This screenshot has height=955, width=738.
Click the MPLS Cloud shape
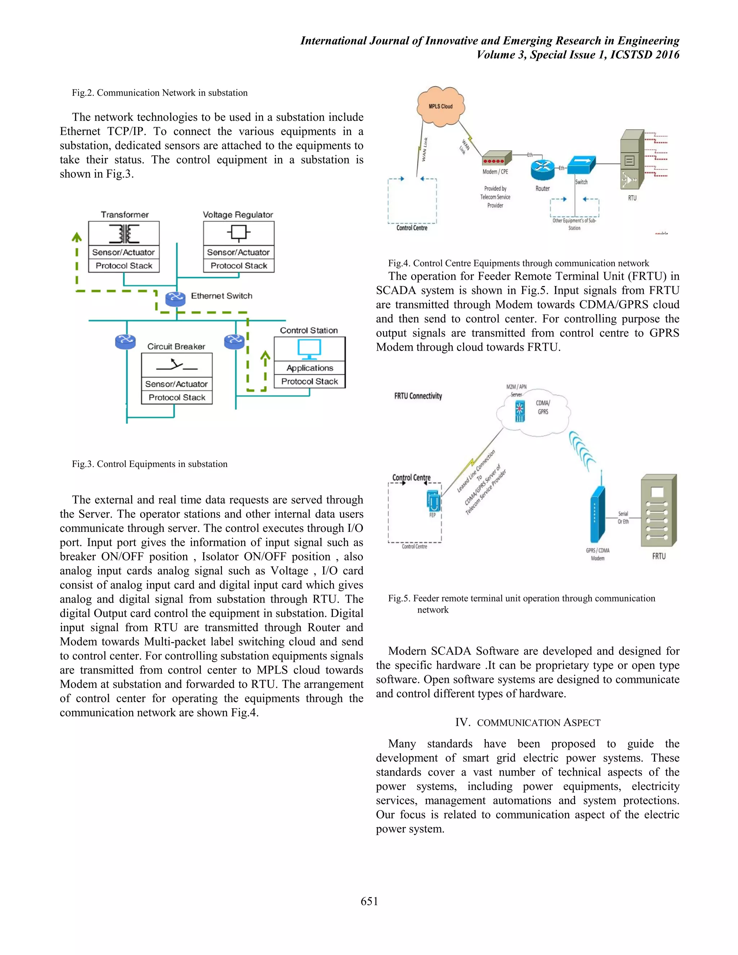pyautogui.click(x=440, y=106)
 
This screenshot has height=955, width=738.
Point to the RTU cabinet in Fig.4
pyautogui.click(x=632, y=159)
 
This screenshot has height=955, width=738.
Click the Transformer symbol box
pyautogui.click(x=124, y=234)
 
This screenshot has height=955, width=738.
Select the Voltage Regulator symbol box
pyautogui.click(x=239, y=234)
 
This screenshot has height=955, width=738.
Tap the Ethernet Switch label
pyautogui.click(x=221, y=296)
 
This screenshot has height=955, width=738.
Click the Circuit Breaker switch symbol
pyautogui.click(x=177, y=365)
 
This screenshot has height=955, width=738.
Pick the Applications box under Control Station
pyautogui.click(x=310, y=368)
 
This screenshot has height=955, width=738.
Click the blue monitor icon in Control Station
pyautogui.click(x=309, y=349)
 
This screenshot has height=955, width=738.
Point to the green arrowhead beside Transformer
pyautogui.click(x=77, y=237)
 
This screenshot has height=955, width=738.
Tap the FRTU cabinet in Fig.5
pyautogui.click(x=658, y=511)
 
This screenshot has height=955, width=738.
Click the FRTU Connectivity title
pyautogui.click(x=418, y=396)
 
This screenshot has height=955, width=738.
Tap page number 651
pyautogui.click(x=369, y=901)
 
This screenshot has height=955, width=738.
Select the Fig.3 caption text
pyautogui.click(x=150, y=464)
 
